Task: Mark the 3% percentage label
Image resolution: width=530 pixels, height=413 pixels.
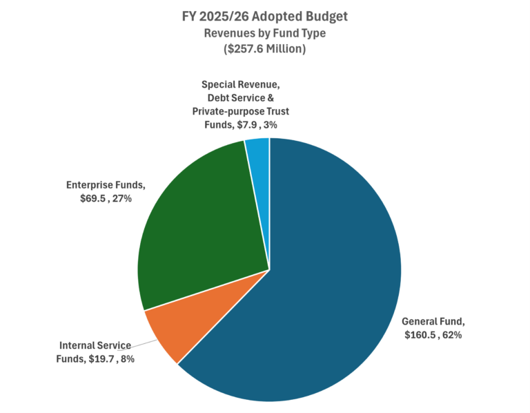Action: [281, 124]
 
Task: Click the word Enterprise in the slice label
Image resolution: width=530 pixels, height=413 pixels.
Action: [92, 184]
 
